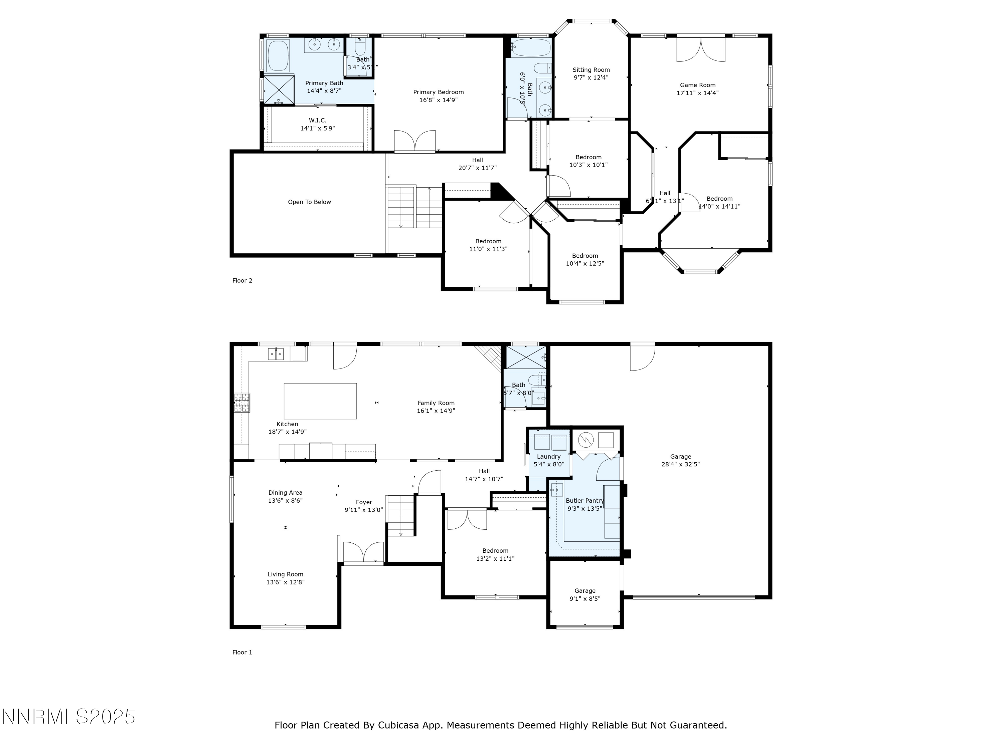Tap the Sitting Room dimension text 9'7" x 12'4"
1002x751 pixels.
591,77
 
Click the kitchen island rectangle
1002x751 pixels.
320,401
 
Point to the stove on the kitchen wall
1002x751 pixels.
241,403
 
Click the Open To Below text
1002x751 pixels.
309,202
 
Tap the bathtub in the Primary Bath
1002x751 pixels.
278,56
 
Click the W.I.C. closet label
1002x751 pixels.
318,120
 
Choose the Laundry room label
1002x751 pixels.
548,456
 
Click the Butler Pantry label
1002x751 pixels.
584,501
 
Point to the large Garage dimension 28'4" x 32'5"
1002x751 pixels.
680,464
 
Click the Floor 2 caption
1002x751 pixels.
242,281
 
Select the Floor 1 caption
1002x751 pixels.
242,652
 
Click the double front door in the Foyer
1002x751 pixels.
364,553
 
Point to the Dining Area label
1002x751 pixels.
285,493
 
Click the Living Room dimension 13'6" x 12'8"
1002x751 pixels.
285,582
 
